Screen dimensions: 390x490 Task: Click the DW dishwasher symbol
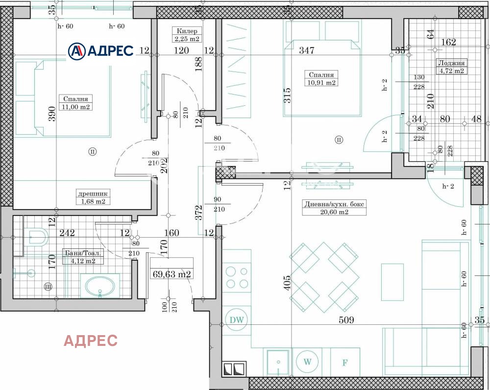[237, 320]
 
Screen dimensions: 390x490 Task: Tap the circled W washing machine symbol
[307, 362]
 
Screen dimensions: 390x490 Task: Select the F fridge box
[345, 363]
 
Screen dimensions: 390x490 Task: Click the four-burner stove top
[237, 277]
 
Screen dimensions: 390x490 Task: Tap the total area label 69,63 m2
[171, 274]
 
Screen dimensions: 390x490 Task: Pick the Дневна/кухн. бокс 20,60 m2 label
[334, 208]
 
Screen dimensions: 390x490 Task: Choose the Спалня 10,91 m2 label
[321, 78]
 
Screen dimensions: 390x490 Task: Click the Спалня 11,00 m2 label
[75, 102]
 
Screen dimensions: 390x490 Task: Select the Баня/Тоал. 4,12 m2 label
[82, 257]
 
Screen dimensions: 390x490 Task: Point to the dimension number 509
[346, 320]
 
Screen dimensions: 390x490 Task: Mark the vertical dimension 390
[52, 113]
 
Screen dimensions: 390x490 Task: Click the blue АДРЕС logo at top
[100, 50]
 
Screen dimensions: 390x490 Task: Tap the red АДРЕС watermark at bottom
[91, 341]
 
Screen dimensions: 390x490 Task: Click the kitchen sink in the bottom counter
[277, 363]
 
